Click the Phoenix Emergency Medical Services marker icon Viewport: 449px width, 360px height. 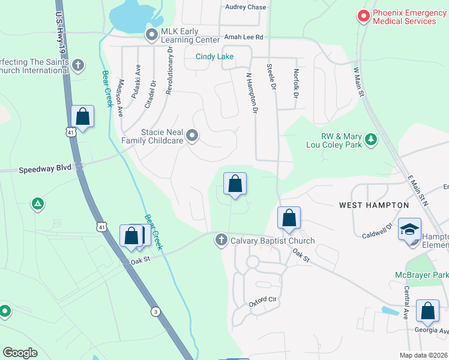coord(363,16)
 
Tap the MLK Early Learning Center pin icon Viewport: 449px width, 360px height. coord(152,35)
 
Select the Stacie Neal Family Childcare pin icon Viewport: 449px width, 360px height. coord(192,136)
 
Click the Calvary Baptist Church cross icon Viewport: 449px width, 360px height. coord(221,241)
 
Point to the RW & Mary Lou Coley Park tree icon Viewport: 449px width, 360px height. coord(372,139)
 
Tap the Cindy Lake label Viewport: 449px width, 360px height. coord(214,57)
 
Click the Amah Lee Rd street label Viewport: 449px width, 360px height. coord(244,37)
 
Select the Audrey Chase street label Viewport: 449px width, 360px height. coord(246,7)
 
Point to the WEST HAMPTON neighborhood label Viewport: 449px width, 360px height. coord(374,205)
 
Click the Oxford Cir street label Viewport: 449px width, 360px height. coord(264,301)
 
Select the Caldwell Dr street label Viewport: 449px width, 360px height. coord(377,230)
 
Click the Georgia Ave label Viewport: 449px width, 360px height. coord(432,330)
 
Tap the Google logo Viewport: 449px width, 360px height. coord(20,353)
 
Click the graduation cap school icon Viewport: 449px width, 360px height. coord(410,230)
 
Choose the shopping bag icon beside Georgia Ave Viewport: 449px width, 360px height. coord(428,311)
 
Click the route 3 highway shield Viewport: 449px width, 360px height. coord(155,311)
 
